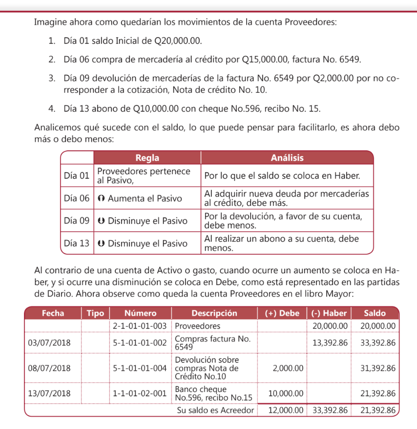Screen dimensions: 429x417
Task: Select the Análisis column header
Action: (x=287, y=158)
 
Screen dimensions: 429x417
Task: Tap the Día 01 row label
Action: (x=77, y=175)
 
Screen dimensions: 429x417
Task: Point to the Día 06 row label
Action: (x=77, y=199)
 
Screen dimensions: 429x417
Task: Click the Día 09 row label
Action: (x=77, y=221)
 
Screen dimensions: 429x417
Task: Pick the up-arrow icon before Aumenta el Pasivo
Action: (x=101, y=199)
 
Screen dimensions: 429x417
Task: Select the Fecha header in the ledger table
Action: (x=53, y=313)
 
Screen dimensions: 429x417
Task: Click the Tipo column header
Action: (x=95, y=313)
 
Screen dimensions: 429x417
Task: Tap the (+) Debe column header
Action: (x=282, y=313)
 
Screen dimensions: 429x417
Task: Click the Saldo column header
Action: (x=375, y=313)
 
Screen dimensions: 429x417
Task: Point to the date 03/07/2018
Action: (x=49, y=343)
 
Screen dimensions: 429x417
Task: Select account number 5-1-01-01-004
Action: (x=140, y=368)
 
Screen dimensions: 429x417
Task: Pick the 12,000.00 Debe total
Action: (x=285, y=410)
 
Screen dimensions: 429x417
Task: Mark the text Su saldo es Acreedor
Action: (x=215, y=410)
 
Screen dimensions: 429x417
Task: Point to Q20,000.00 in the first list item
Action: (x=177, y=41)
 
